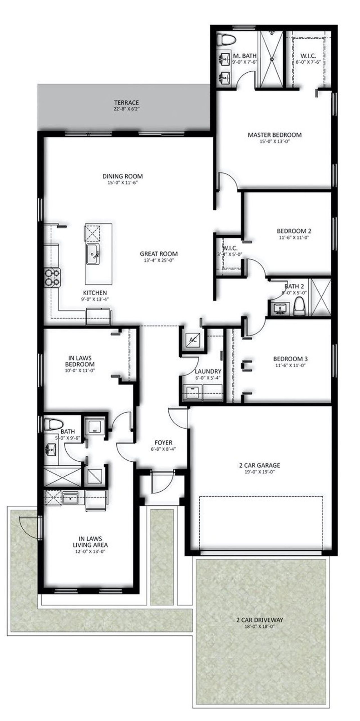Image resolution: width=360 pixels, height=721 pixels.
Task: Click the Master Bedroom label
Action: coord(274,135)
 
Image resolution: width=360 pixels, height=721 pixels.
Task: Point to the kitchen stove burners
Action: coord(52,277)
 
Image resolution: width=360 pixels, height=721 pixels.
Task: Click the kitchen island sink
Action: coord(93,254)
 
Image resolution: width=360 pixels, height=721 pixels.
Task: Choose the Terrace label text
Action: coord(126,103)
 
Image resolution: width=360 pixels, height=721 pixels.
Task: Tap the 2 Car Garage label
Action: coord(260,465)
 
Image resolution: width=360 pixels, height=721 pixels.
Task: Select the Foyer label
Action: coord(163,443)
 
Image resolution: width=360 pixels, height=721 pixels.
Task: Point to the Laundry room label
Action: coord(208,371)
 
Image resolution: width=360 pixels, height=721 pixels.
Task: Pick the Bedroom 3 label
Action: coord(290,359)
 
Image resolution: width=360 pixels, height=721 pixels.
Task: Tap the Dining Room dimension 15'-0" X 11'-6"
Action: coord(122,183)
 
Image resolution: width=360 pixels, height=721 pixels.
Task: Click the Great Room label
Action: coord(159,254)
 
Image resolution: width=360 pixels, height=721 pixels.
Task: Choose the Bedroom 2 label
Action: coord(294,231)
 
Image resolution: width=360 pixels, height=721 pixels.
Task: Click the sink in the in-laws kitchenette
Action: coord(68,499)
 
